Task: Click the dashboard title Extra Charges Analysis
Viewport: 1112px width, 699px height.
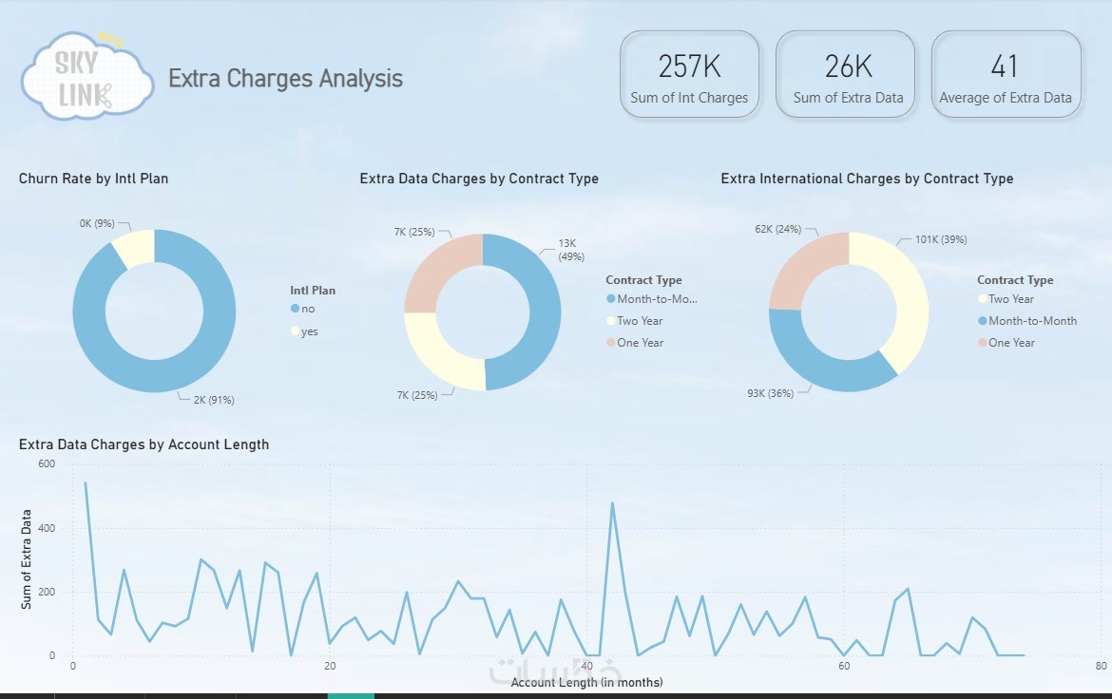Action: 285,79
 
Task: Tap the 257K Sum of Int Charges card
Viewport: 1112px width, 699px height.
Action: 689,75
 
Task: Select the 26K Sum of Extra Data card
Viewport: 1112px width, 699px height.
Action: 848,75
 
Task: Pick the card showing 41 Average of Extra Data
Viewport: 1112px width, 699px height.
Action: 1006,75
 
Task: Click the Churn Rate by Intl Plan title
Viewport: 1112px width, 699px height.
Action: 93,179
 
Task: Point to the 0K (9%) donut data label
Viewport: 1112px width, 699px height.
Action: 97,224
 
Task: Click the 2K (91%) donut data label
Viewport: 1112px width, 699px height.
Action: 214,400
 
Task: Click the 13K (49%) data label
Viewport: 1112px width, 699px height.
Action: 571,250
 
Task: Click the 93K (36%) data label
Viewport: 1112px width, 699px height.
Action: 767,393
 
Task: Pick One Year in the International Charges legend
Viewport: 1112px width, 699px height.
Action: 1011,343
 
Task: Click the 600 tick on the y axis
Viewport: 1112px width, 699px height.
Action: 47,463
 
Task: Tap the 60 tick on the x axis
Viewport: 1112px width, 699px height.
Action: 844,666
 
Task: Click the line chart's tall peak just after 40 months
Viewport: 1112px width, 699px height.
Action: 612,503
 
